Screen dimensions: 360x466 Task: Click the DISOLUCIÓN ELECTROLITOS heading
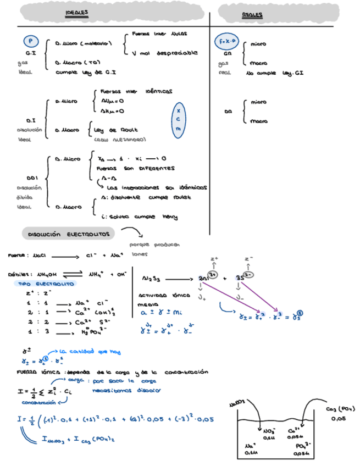coord(69,234)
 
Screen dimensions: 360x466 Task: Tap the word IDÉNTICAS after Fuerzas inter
coord(159,91)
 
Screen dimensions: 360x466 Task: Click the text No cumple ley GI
coord(275,73)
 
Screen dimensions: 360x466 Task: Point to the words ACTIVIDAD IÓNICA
coord(160,295)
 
